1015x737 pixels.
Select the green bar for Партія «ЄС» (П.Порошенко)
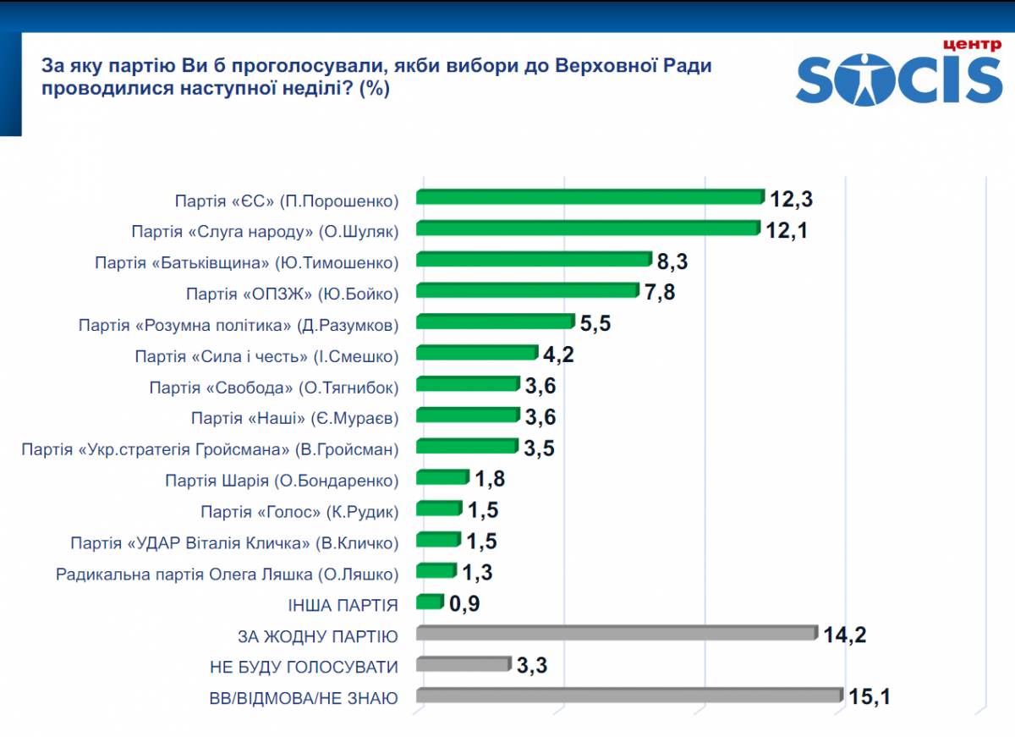click(x=590, y=197)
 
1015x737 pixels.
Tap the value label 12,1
click(x=787, y=229)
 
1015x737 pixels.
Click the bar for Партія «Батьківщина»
click(x=534, y=260)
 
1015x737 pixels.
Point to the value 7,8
click(x=661, y=293)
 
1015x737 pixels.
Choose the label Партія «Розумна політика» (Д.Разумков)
click(x=238, y=325)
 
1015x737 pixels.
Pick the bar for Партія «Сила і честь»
click(x=477, y=354)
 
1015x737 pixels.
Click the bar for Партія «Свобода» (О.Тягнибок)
click(x=468, y=385)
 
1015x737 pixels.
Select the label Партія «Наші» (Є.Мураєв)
click(x=294, y=418)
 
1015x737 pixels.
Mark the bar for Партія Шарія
click(x=442, y=478)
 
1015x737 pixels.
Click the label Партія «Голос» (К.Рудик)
click(x=299, y=511)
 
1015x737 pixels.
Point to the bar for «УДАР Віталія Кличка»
click(x=438, y=540)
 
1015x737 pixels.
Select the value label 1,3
click(x=477, y=573)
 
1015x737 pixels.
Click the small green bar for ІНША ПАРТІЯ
click(x=430, y=602)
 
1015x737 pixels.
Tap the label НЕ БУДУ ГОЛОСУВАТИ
click(x=304, y=667)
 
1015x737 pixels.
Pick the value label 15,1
click(x=871, y=697)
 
